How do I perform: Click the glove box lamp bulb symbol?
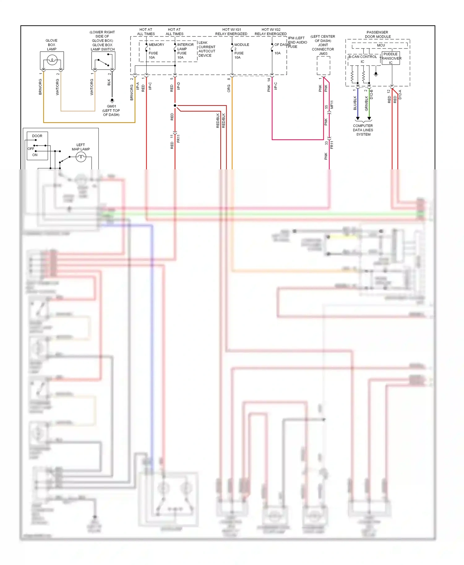[52, 60]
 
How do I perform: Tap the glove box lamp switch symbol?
[103, 61]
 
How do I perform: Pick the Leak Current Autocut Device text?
[207, 49]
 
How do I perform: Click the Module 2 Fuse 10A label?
[241, 51]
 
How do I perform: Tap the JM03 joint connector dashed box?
[323, 65]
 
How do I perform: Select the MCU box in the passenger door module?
[381, 45]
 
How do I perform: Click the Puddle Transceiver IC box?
[391, 58]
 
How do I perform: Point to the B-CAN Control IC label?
[363, 59]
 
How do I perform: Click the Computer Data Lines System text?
[363, 130]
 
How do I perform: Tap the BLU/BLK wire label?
[355, 103]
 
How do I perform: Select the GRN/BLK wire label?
[366, 103]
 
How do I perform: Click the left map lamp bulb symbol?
[81, 157]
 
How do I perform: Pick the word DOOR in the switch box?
[37, 136]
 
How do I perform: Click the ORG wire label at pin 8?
[229, 88]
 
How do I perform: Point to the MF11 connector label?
[332, 104]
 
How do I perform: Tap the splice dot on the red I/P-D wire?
[175, 106]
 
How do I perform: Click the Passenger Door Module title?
[377, 34]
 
